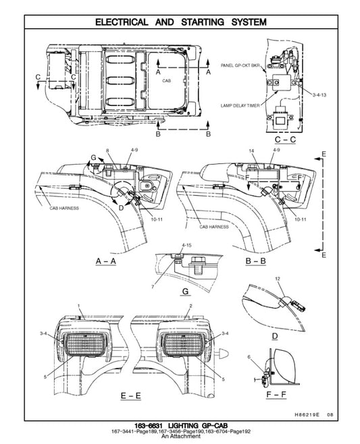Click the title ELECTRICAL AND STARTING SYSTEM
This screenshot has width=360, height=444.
(x=180, y=22)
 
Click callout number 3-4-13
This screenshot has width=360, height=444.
(x=319, y=96)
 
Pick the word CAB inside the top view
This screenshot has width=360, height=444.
(x=167, y=80)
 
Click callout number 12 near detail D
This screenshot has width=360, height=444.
(x=278, y=278)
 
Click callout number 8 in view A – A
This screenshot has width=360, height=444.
(x=107, y=149)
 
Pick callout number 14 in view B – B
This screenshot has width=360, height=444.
(x=251, y=149)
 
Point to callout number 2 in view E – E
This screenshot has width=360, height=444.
(x=192, y=306)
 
